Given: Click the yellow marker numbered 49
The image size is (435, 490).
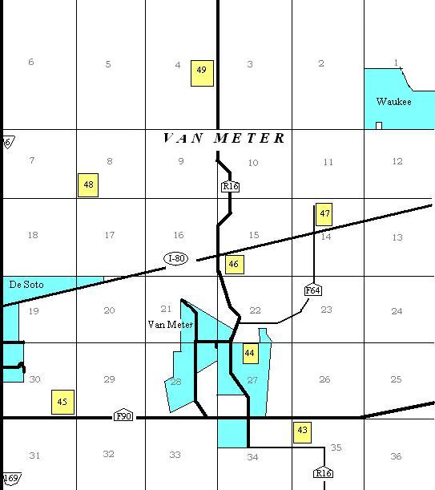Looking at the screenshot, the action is (202, 71).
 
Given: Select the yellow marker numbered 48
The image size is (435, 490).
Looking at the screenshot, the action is (88, 185).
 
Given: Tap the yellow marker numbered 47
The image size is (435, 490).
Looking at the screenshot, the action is (324, 214).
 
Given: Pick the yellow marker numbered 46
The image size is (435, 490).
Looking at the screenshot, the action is (234, 263).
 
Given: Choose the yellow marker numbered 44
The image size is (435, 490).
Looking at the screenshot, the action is (250, 353).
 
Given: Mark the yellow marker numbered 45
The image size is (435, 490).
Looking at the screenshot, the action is (62, 402).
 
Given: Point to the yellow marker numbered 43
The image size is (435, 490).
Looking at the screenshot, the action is (302, 431).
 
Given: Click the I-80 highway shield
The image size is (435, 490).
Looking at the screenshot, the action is (176, 258).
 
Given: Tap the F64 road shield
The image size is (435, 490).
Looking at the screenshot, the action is (313, 290).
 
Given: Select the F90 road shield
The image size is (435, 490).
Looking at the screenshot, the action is (123, 416).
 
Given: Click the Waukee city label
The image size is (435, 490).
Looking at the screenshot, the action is (393, 102).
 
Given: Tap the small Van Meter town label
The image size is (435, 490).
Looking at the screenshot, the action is (171, 325).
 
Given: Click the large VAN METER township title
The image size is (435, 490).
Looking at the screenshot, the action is (224, 139).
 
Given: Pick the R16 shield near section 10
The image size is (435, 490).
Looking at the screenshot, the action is (231, 187).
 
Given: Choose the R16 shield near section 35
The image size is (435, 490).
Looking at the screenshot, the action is (323, 473).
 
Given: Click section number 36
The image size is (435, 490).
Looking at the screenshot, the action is (396, 456).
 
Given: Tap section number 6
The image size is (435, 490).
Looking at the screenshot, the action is (31, 63).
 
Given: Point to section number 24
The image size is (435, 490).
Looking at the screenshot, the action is (397, 311).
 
